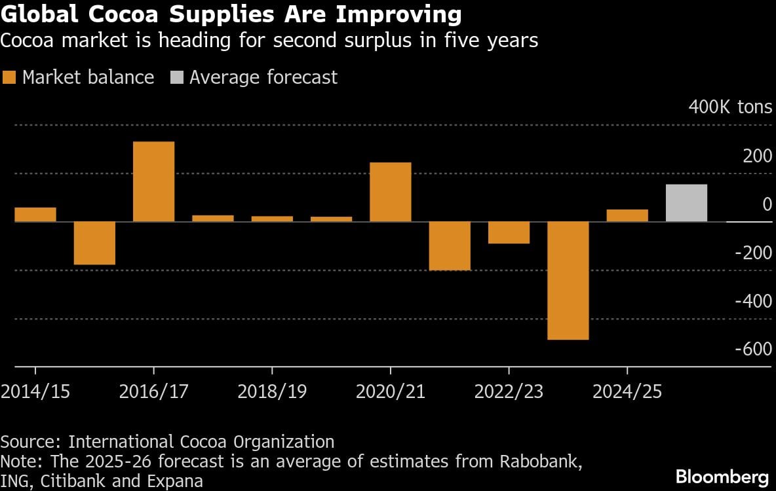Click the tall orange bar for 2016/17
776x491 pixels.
[153, 181]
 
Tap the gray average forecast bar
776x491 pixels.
[686, 203]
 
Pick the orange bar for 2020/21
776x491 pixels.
[391, 192]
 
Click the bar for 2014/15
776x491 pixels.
[35, 215]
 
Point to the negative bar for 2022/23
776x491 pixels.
[509, 232]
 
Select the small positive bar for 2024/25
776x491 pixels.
[627, 215]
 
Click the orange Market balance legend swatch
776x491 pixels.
[9, 77]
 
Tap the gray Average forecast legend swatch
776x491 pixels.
[176, 77]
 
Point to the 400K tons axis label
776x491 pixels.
[730, 107]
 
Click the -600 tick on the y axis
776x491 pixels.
[754, 349]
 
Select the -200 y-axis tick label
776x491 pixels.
[754, 252]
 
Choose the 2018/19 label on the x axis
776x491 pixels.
[272, 391]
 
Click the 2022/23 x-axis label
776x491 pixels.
[509, 391]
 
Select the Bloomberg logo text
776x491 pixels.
[722, 476]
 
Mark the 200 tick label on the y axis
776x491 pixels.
[759, 156]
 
